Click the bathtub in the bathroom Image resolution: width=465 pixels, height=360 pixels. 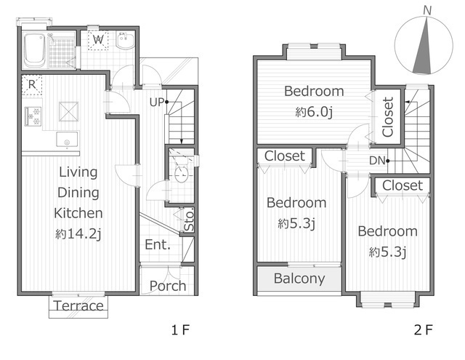(35, 50)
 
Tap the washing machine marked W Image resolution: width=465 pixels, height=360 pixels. (98, 40)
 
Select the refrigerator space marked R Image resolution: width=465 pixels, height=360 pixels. (32, 85)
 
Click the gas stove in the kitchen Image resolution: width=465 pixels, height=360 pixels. (33, 116)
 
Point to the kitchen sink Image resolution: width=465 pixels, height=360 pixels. (68, 139)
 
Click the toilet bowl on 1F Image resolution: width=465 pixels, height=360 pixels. (181, 174)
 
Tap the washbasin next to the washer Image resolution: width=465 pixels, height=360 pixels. (125, 40)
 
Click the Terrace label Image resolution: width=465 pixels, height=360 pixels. (78, 305)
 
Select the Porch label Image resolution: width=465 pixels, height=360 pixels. (168, 286)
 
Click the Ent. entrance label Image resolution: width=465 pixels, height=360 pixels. (158, 245)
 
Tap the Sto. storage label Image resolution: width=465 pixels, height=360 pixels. (189, 220)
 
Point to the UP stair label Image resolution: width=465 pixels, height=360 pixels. (157, 102)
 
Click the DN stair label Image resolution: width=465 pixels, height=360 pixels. (377, 161)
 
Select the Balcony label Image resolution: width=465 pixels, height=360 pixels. (299, 279)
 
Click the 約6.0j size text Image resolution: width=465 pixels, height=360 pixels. (314, 112)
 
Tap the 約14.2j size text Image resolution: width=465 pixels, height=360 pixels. (78, 234)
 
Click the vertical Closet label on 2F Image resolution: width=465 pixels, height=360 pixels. (387, 117)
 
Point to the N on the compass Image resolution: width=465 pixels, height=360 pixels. (427, 11)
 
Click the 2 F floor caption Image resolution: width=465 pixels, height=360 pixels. (423, 329)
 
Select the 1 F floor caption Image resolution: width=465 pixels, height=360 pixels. (180, 329)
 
